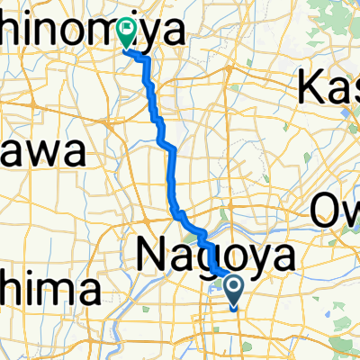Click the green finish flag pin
click(128, 32)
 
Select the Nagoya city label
click(216, 256)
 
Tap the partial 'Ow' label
click(337, 212)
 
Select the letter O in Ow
click(325, 212)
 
